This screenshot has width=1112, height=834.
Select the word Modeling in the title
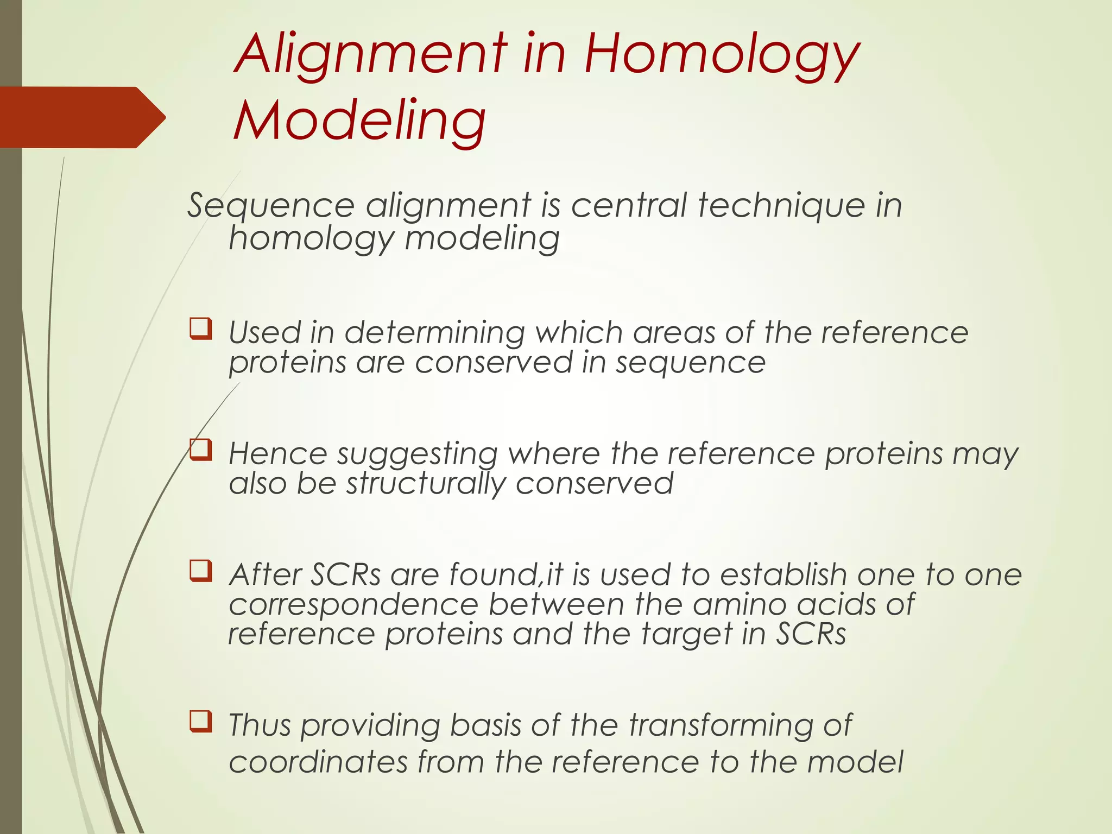coord(359,121)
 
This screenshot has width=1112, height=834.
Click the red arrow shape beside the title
coord(81,117)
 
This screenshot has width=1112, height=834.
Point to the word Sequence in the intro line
coord(271,207)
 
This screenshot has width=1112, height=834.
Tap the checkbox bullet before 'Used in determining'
coord(201,329)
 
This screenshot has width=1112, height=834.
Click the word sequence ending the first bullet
coord(690,362)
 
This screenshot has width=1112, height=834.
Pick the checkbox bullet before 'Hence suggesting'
coord(201,450)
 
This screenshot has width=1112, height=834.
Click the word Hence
coord(277,453)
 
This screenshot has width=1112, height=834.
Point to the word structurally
coord(426,483)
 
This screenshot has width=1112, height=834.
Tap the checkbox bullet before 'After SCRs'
coord(201,571)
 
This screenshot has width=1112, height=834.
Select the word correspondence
coord(353,604)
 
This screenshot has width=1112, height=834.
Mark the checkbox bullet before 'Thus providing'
coord(201,722)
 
